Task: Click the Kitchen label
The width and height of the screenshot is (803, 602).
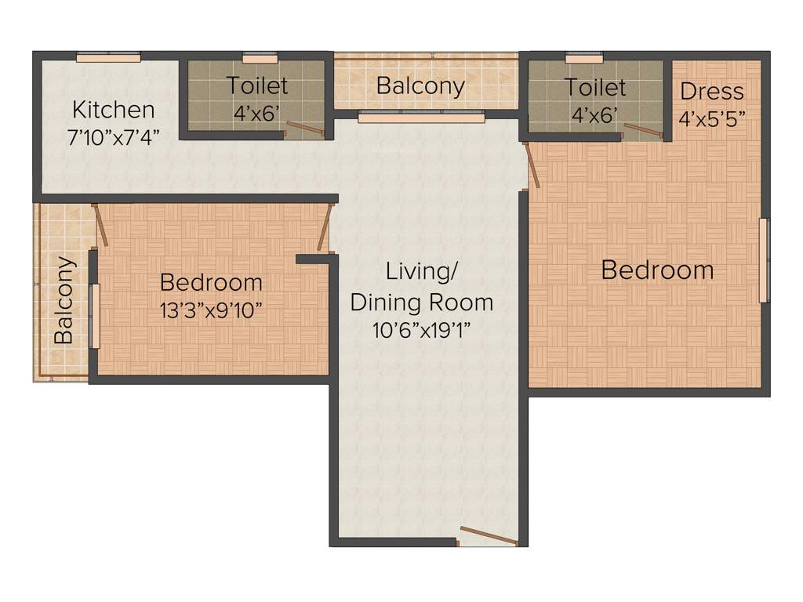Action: tap(114, 109)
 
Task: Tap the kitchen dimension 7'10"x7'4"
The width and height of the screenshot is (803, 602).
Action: tap(114, 136)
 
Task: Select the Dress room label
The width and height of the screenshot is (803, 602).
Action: tap(711, 92)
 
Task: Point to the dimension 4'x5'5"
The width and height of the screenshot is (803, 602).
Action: tap(711, 119)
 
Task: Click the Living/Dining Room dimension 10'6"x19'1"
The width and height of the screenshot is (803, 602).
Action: tap(422, 329)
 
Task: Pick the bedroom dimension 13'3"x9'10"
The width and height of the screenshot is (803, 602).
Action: tap(211, 310)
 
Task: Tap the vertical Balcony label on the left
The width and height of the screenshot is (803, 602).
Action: tap(64, 300)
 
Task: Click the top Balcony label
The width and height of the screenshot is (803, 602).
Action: tap(420, 85)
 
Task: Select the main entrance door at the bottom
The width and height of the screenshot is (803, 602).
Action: tap(489, 536)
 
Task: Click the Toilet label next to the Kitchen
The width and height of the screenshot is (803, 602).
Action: tap(257, 85)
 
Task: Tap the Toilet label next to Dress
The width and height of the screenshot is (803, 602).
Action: tap(596, 87)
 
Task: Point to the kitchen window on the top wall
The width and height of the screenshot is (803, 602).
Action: tap(108, 56)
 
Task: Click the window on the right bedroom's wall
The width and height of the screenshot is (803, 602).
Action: tap(763, 260)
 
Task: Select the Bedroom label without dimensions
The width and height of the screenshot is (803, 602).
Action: tap(657, 270)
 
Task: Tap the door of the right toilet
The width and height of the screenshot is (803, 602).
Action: tap(642, 130)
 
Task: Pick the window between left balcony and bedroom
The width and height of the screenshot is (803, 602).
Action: tap(95, 316)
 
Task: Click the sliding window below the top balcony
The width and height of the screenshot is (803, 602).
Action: tap(421, 118)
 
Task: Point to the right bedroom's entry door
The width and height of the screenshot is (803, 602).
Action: tap(532, 165)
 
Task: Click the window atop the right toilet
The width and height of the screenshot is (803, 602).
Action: tap(583, 57)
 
